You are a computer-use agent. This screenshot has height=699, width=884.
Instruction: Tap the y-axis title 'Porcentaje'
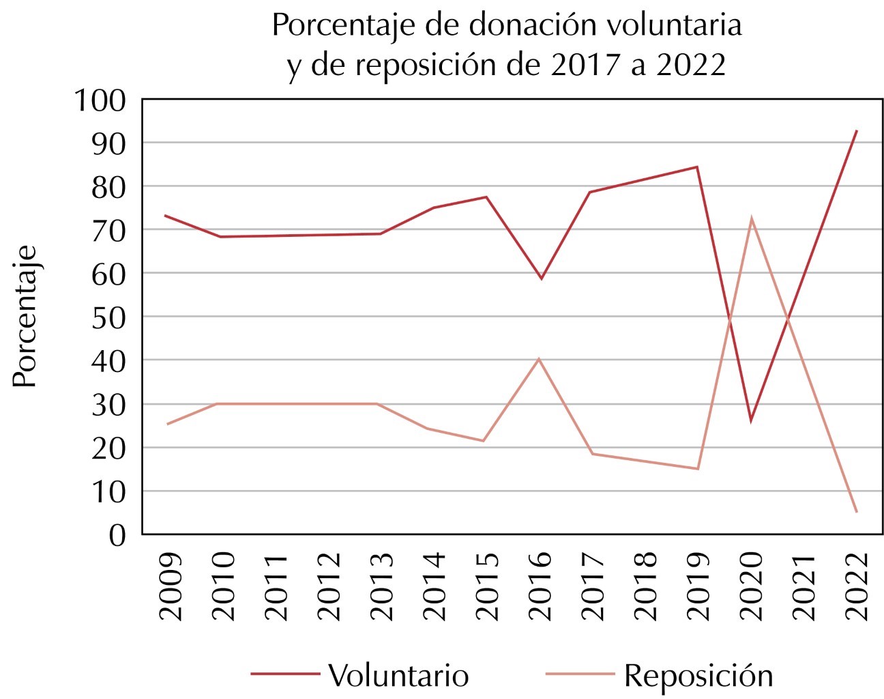click(x=25, y=316)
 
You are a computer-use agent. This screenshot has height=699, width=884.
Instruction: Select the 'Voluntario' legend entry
click(x=398, y=675)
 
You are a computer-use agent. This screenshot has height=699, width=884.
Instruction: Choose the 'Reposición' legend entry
click(x=698, y=675)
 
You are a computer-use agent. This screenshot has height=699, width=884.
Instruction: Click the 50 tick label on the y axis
click(x=108, y=317)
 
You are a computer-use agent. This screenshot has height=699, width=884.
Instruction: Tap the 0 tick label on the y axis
click(x=117, y=534)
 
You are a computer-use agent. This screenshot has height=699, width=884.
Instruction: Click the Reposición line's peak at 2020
click(x=751, y=218)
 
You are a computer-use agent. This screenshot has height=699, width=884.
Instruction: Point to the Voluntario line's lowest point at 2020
click(x=751, y=420)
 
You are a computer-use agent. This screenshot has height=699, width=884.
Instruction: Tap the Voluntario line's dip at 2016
click(x=540, y=279)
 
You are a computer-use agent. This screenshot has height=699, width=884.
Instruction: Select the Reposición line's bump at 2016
click(x=539, y=358)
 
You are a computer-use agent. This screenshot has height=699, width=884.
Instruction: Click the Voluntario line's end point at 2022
click(x=856, y=130)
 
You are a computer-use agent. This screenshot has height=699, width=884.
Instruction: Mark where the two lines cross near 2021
click(x=789, y=318)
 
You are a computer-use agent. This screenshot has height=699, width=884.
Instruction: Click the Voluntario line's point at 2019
click(x=697, y=167)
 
